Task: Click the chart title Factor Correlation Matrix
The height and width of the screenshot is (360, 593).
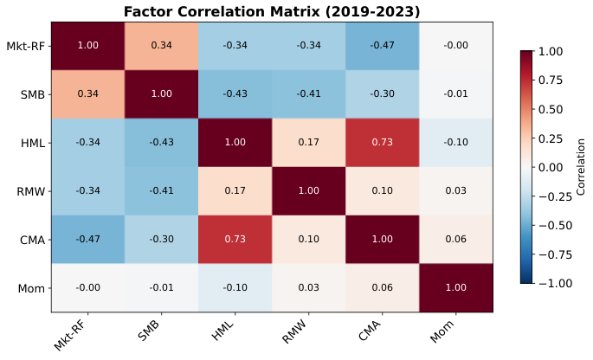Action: pos(272,11)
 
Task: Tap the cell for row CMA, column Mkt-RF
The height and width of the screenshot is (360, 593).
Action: pos(87,239)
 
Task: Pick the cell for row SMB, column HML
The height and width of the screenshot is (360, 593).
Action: pos(235,94)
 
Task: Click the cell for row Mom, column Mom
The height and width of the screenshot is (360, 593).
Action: pos(455,287)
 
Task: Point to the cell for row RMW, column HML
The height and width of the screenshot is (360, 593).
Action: pos(235,190)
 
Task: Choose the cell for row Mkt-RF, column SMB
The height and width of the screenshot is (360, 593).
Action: pos(161,46)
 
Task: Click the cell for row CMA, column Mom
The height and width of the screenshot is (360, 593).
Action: pos(455,239)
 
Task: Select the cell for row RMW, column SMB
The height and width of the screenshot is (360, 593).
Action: pos(161,190)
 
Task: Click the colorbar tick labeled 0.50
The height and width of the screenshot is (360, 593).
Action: pos(551,109)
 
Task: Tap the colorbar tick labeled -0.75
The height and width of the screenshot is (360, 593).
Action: pos(554,254)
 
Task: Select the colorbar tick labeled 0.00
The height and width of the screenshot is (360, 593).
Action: pos(551,167)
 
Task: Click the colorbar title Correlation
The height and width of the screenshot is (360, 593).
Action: pos(581,167)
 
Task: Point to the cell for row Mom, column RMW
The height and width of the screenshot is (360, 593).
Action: pos(308,287)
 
